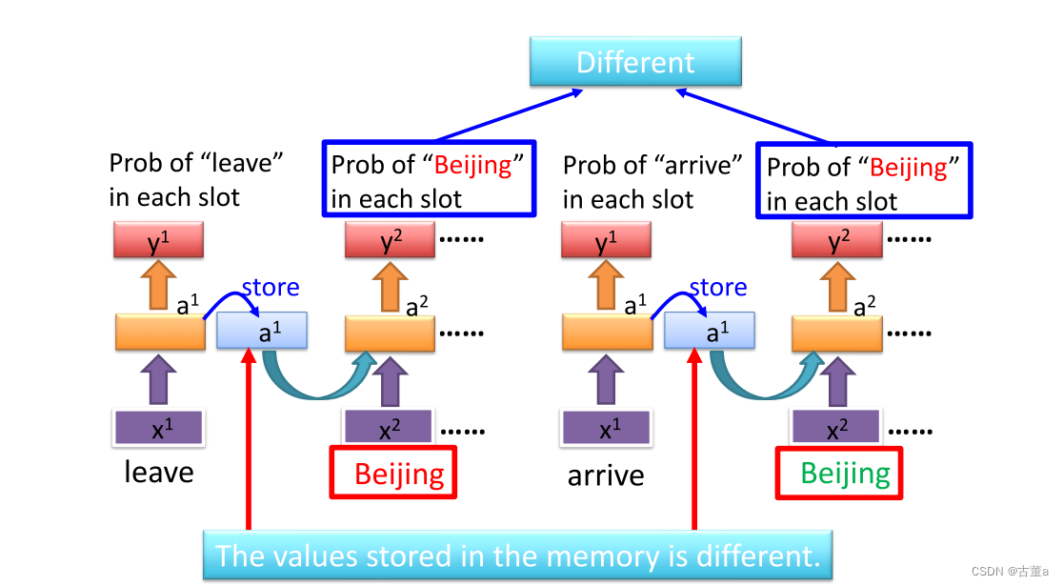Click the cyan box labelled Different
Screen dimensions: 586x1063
point(635,63)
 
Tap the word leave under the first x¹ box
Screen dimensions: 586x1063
point(159,472)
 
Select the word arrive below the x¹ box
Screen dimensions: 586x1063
point(606,475)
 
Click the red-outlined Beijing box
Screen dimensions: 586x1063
point(392,473)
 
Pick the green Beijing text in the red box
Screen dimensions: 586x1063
point(845,474)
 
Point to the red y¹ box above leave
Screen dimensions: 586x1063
point(159,241)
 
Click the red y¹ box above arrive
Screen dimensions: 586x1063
point(606,242)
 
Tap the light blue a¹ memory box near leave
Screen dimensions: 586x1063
point(262,331)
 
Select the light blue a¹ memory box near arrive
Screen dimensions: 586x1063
point(709,331)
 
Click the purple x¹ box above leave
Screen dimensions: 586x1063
point(159,428)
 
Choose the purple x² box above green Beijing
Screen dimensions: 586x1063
point(837,429)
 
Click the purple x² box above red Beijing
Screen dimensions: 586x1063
point(389,429)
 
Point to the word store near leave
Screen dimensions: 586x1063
point(271,287)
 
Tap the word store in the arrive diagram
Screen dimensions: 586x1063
point(717,287)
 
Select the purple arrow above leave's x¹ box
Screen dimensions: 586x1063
point(159,379)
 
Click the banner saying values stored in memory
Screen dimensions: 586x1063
point(517,556)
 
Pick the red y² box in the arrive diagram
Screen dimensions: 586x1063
point(837,242)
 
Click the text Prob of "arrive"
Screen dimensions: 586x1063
point(652,165)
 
